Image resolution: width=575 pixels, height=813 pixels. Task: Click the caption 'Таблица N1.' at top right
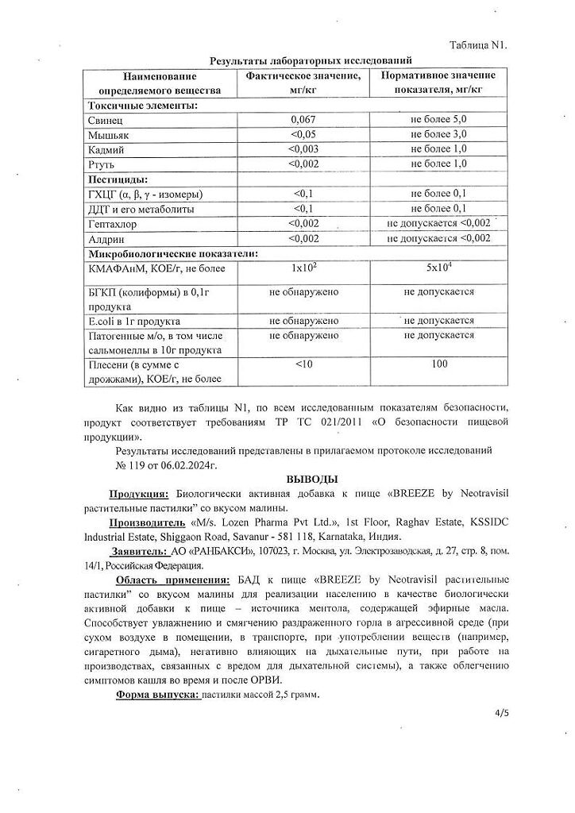pos(477,44)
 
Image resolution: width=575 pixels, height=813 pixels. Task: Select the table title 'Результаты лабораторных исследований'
pos(311,60)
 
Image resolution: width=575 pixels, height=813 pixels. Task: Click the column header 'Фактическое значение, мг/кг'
pos(303,82)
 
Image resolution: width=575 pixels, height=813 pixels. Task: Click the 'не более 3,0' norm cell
pos(438,134)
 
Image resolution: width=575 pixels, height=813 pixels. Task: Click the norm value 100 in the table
pos(438,364)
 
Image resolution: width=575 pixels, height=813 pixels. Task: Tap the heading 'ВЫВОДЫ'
pos(311,479)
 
